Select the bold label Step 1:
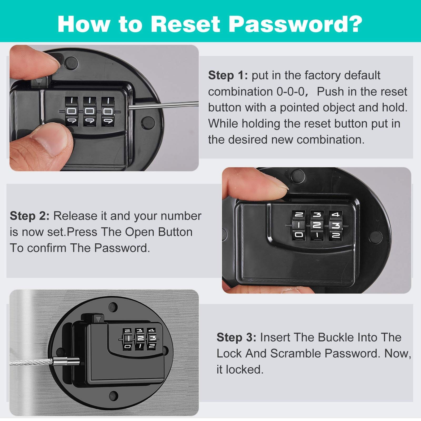coord(228,76)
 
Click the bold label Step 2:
coord(29,216)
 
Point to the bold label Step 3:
coord(236,337)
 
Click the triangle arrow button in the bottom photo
coord(99,319)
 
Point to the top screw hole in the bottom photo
coord(113,306)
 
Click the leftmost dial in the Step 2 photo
coord(299,225)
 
